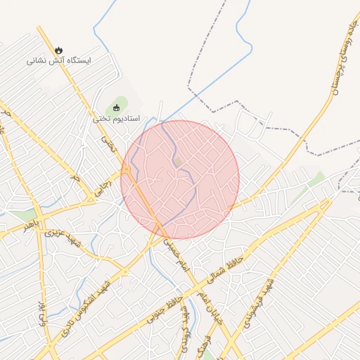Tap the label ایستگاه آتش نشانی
point(60,60)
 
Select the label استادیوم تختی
point(117,119)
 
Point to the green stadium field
point(122,105)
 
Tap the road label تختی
point(108,144)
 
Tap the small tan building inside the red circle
point(178,162)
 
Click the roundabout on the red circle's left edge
point(127,172)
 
